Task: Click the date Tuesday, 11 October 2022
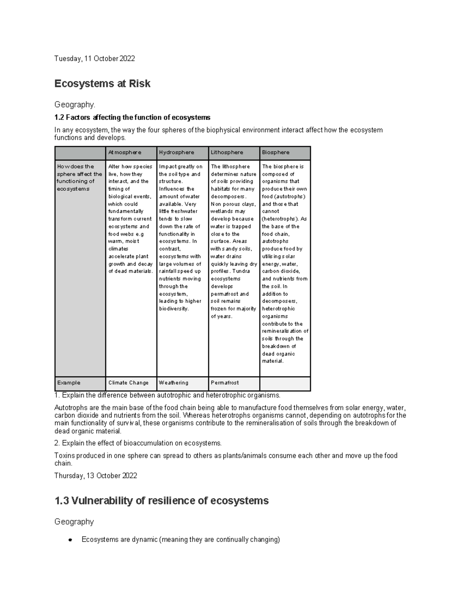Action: click(x=95, y=59)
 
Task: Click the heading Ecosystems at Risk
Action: click(x=102, y=84)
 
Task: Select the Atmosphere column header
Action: click(x=125, y=152)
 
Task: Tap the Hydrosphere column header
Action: click(x=176, y=152)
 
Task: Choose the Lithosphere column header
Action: click(x=227, y=152)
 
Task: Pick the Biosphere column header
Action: click(x=275, y=152)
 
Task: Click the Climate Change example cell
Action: click(x=128, y=383)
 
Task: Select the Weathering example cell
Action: click(x=174, y=383)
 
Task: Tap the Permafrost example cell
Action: click(x=225, y=383)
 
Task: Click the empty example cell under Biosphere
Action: click(x=285, y=383)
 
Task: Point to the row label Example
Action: click(x=69, y=383)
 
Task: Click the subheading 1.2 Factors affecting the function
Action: click(x=132, y=117)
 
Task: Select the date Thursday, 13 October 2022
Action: click(x=96, y=476)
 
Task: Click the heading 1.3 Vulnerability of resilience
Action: click(x=161, y=501)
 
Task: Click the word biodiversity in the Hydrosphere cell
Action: click(x=174, y=309)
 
